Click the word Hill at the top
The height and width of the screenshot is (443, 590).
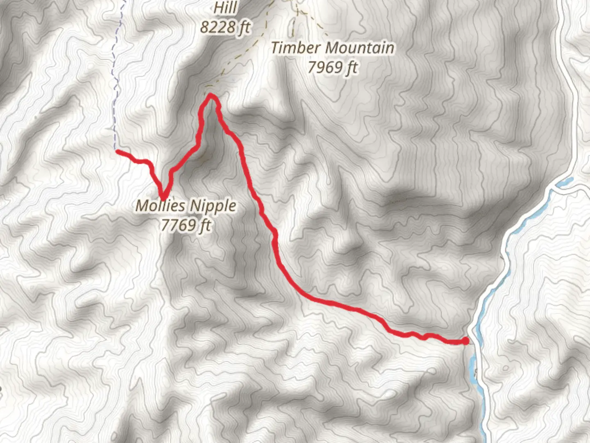pos(226,7)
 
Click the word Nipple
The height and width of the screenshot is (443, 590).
pos(212,206)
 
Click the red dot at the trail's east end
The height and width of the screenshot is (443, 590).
pos(465,341)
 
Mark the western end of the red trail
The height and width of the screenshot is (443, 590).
pos(118,152)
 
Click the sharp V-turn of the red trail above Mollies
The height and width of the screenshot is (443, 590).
pos(163,198)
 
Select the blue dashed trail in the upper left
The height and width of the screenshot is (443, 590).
pos(115,82)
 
